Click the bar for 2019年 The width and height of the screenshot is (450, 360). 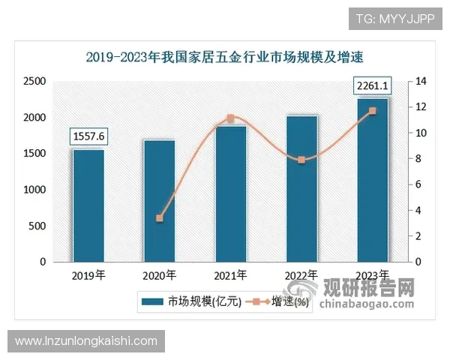click(x=88, y=205)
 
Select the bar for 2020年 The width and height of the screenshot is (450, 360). click(x=159, y=200)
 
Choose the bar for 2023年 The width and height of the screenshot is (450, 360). click(x=373, y=180)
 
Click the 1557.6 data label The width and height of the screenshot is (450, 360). click(x=88, y=136)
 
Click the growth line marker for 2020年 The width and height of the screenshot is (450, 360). click(x=159, y=218)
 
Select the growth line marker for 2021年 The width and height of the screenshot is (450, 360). click(x=230, y=118)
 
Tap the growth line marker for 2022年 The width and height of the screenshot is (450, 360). click(x=301, y=160)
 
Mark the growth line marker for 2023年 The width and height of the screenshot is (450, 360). click(x=373, y=111)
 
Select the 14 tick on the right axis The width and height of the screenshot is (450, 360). click(x=421, y=81)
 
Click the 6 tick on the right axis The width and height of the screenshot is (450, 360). click(x=419, y=184)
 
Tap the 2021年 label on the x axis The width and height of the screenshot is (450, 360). click(x=230, y=275)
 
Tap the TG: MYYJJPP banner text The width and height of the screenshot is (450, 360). click(x=394, y=19)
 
